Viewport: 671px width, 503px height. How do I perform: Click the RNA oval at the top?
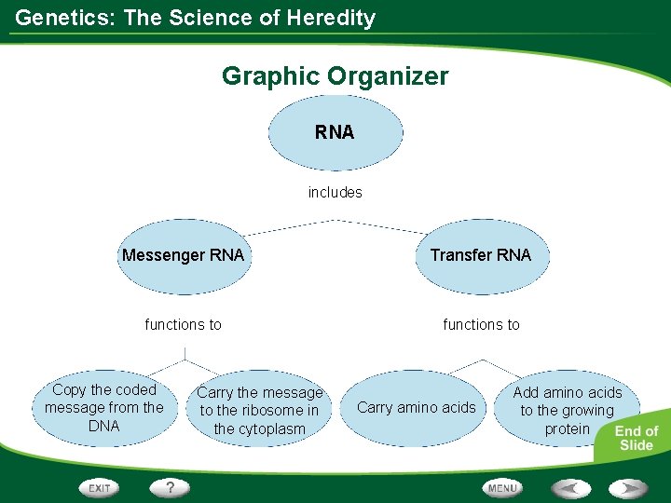335,132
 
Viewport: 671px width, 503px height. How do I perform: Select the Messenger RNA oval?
183,255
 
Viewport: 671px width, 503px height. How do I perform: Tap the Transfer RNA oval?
481,255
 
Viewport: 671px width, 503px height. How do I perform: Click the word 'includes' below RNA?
335,193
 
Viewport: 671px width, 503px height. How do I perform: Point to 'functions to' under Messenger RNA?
184,324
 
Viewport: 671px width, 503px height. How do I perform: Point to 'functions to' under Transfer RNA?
481,324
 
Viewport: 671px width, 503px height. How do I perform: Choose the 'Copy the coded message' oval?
104,408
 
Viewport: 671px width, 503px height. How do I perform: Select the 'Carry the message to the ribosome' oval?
259,411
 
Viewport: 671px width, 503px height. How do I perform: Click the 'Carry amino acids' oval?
416,407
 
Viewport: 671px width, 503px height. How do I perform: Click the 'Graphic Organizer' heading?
335,75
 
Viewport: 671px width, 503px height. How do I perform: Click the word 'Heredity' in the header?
331,18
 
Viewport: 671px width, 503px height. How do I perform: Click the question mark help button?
171,487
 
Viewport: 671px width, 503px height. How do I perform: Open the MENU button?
502,487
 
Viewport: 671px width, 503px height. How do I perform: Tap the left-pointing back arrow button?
569,487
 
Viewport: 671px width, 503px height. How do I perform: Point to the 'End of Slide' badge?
637,438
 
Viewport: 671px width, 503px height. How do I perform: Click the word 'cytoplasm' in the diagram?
259,429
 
